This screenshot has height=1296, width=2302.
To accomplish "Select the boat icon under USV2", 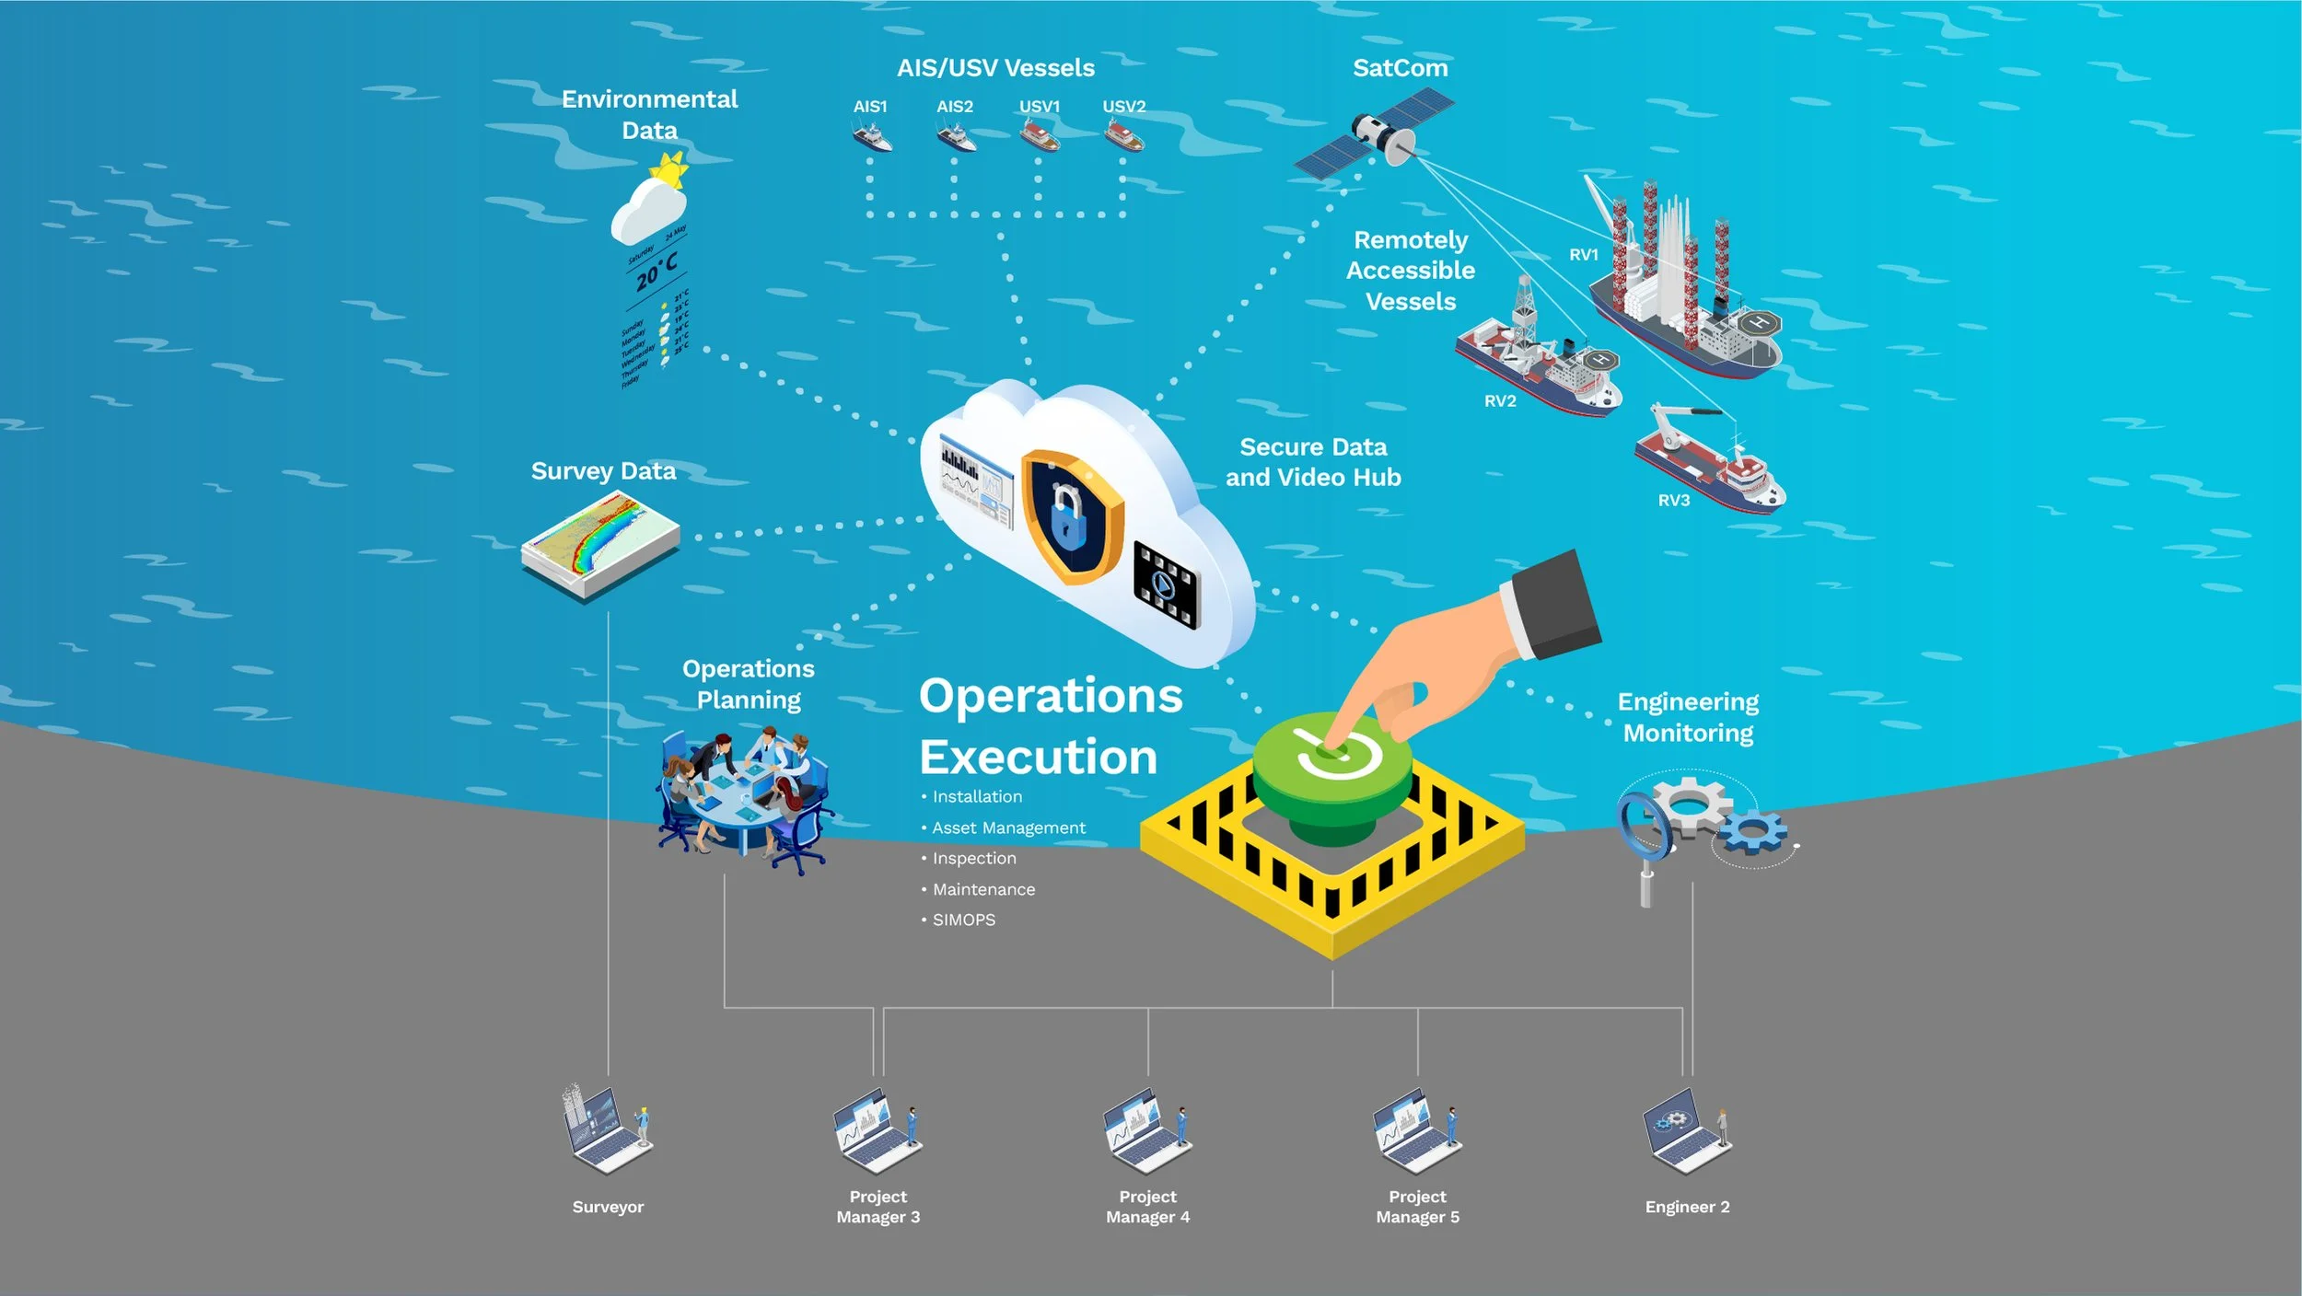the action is (x=1124, y=137).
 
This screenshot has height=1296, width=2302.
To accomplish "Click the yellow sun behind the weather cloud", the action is (x=669, y=171).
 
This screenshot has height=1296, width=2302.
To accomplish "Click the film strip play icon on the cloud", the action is (x=1165, y=584).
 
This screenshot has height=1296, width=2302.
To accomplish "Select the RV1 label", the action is (x=1584, y=255).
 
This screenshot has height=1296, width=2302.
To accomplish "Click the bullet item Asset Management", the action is (x=1008, y=827).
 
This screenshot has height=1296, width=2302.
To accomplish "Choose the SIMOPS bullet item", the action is (x=963, y=920).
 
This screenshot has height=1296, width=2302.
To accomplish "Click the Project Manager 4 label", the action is (x=1147, y=1207).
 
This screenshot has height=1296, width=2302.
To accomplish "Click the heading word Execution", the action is (x=1038, y=758).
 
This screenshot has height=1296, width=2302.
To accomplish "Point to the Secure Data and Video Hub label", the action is (x=1313, y=462).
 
